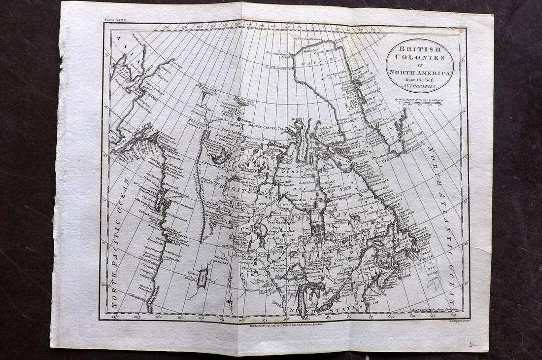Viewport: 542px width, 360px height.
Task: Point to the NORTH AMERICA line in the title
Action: pyautogui.click(x=420, y=73)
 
